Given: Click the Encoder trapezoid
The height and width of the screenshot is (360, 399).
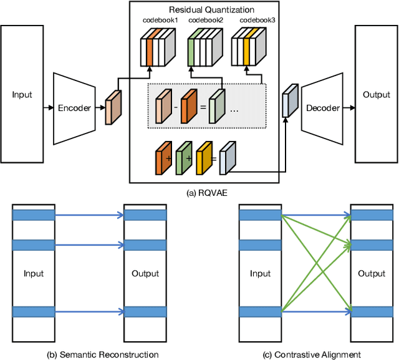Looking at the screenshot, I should pos(74,108).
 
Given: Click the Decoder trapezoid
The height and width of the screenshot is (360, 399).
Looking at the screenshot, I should pos(322,108).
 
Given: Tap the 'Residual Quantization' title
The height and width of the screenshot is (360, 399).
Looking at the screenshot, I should pos(211,9).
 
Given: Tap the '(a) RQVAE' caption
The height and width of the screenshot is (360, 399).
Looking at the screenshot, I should pos(210,193).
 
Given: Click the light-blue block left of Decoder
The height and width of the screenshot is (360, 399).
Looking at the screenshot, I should pos(288,101).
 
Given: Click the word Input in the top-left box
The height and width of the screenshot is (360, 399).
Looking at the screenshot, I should pos(22,95).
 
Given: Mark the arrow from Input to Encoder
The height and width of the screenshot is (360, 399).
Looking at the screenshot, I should pos(47,108).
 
